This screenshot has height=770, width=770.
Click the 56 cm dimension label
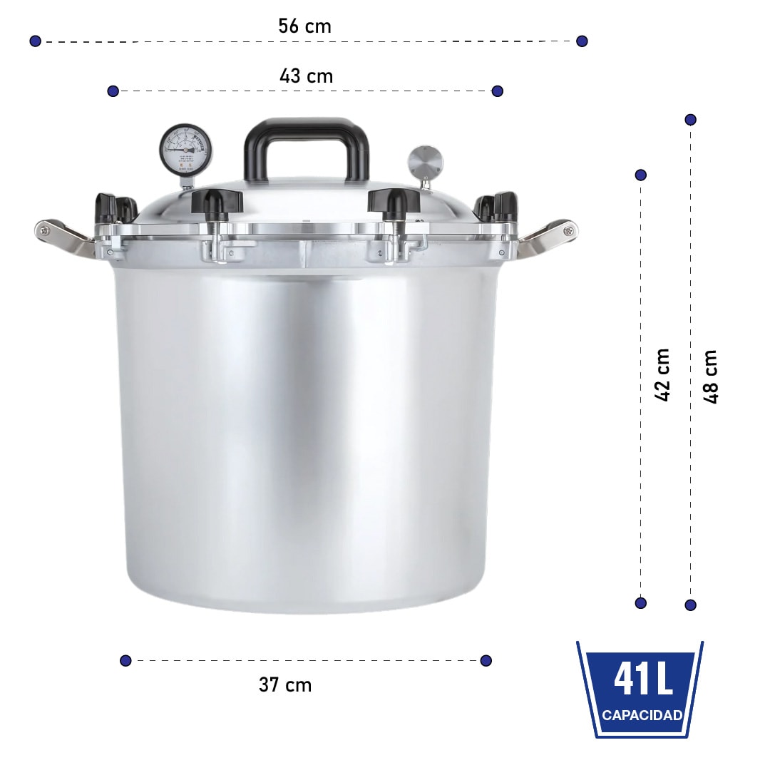pos(304,27)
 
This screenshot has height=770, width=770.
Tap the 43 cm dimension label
pos(306,76)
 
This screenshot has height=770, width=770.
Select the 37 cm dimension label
pos(285,685)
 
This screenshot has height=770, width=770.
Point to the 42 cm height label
pos(662,375)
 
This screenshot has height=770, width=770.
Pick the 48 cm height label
pos(710,376)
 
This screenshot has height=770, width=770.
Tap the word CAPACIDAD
pos(642,716)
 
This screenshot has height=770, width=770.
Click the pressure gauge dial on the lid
pos(186,148)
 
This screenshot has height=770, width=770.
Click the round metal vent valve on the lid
pos(425,163)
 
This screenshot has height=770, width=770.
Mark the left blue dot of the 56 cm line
pos(36,41)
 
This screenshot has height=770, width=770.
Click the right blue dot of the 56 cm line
pos(582,41)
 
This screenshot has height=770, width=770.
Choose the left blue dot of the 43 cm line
pos(113,91)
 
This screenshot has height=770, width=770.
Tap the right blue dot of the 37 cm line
pos(486,660)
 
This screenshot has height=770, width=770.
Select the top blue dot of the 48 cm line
pos(690,120)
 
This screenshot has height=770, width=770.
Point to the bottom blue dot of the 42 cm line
pos(641,603)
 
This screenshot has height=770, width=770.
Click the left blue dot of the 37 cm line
pos(126,660)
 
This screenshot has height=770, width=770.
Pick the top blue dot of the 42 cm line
pos(641,175)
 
